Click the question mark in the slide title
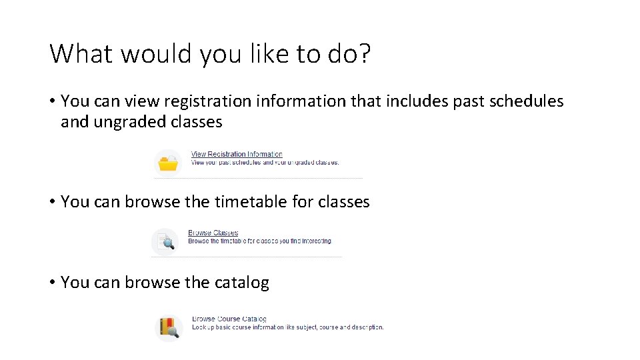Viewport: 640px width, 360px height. [x=363, y=54]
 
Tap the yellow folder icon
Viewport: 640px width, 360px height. [x=168, y=163]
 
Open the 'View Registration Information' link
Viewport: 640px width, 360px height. [x=237, y=154]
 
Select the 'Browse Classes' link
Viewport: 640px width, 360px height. [x=213, y=233]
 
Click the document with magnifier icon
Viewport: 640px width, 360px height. [x=165, y=241]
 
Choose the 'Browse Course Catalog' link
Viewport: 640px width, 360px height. [x=229, y=319]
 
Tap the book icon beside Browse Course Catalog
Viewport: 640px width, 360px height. [x=169, y=327]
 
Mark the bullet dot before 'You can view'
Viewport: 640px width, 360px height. [x=52, y=101]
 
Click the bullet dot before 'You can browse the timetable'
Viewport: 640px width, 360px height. [x=52, y=202]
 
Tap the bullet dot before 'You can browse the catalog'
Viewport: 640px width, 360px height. [x=52, y=283]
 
